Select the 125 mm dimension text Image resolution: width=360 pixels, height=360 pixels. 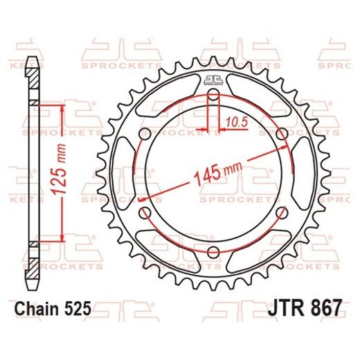coord(60,173)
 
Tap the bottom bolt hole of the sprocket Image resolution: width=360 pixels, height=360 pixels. coord(213,251)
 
